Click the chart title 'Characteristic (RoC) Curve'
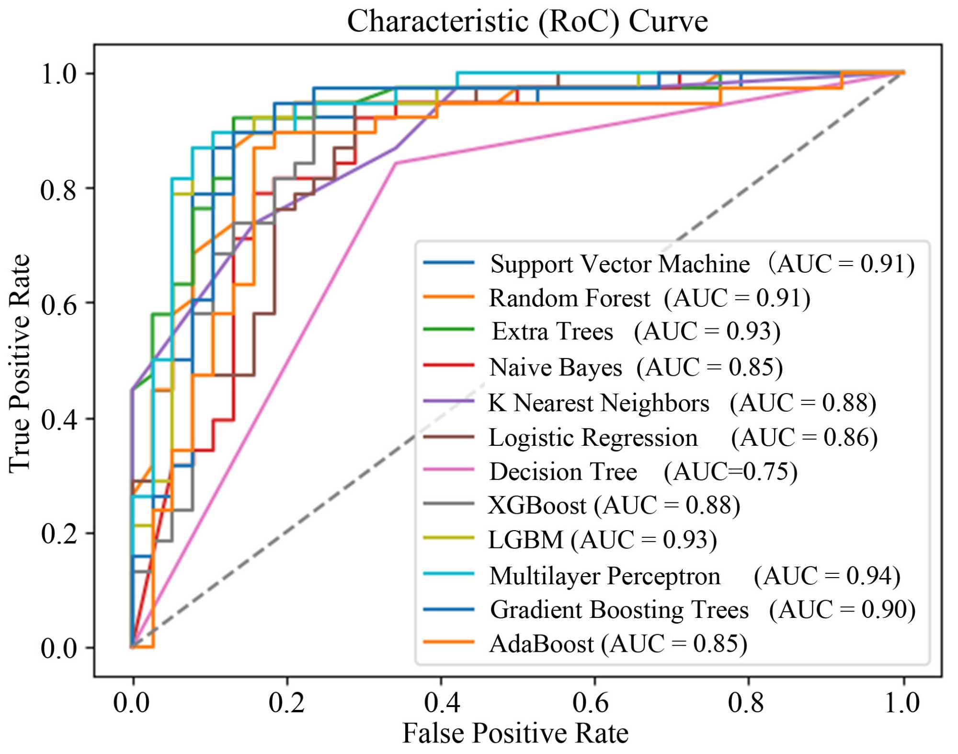[527, 22]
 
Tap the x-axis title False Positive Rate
[515, 733]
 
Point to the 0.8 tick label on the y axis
[58, 190]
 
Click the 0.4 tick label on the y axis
[58, 420]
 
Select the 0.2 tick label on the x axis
[286, 703]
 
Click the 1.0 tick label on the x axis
[901, 703]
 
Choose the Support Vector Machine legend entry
[620, 264]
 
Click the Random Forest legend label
[570, 298]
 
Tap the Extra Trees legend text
[553, 332]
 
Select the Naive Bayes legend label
[556, 368]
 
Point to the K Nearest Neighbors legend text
[599, 403]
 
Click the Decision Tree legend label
[563, 472]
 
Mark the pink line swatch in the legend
[449, 470]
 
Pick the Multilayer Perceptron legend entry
[605, 576]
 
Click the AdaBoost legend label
[541, 644]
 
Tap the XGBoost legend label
[537, 505]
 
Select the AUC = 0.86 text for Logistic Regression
[804, 438]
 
